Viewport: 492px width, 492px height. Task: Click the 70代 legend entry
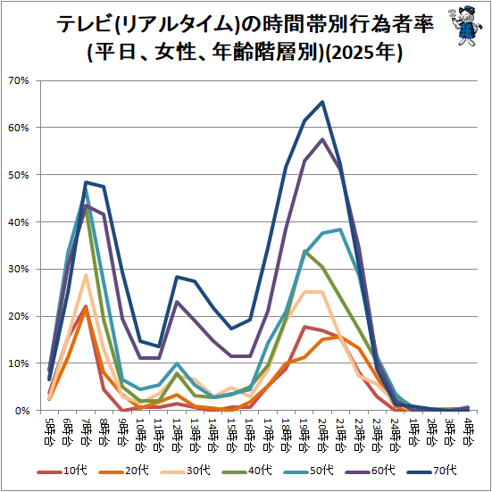[x=431, y=471]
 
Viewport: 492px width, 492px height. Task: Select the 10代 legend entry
[x=62, y=471]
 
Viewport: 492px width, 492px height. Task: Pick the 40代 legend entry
[x=246, y=471]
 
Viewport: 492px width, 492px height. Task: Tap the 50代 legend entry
[x=308, y=471]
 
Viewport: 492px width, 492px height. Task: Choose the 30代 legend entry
[x=185, y=471]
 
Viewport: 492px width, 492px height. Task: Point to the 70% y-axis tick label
[x=19, y=81]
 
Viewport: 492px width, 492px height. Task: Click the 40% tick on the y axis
[x=19, y=222]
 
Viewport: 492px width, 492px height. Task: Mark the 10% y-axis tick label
[x=19, y=363]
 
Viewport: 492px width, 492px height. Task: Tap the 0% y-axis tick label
[x=21, y=411]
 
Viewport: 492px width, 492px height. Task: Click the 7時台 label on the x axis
[x=86, y=431]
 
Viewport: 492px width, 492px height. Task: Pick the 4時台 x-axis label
[x=468, y=431]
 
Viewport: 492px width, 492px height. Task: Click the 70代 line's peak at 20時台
[x=322, y=102]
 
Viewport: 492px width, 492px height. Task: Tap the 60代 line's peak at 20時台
[x=322, y=139]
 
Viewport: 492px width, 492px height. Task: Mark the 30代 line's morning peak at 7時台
[x=86, y=275]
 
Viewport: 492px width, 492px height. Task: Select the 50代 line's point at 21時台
[x=340, y=229]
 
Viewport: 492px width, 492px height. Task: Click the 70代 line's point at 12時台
[x=177, y=277]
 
